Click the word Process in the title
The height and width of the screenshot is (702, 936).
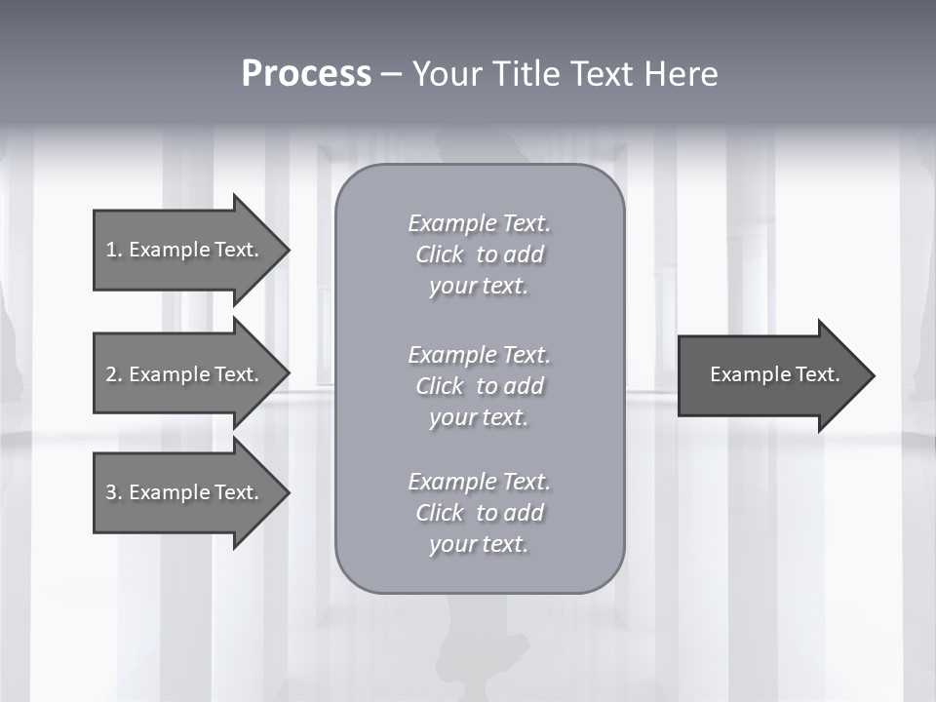306,74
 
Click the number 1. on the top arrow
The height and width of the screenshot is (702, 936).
114,250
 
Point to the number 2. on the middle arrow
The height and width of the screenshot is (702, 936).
114,374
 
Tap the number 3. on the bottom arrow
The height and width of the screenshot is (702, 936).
114,492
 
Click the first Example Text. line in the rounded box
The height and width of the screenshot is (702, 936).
479,223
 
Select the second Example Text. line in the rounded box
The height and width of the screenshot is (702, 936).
479,354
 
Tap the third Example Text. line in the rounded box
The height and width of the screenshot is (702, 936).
479,482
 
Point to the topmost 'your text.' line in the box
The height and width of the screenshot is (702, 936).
479,287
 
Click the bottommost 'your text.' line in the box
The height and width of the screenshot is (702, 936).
479,545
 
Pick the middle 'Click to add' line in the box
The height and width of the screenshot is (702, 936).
479,386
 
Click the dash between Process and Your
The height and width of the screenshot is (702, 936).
392,74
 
